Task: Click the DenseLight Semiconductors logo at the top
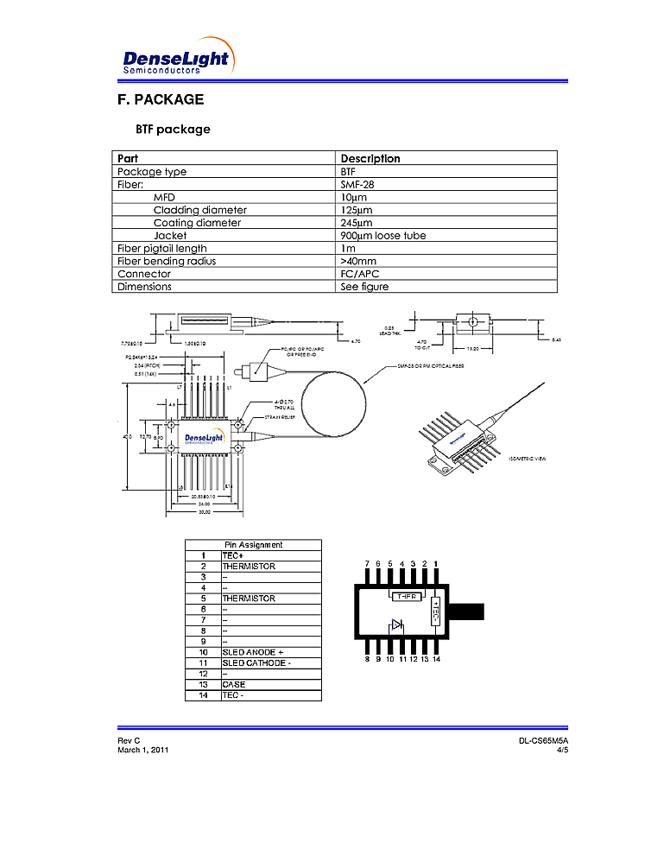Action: [x=176, y=59]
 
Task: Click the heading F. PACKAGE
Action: [x=161, y=99]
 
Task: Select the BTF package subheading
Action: [x=173, y=130]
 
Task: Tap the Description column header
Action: [x=370, y=158]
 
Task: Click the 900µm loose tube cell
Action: [x=383, y=235]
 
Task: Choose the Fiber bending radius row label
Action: [x=167, y=261]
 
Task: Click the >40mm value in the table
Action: [x=358, y=261]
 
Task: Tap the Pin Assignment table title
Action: [x=253, y=545]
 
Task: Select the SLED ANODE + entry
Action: [x=253, y=652]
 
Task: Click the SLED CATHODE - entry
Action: [x=256, y=662]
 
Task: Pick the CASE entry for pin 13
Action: [x=234, y=684]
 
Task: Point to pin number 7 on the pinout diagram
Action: [x=367, y=564]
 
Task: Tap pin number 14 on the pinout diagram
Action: [x=437, y=659]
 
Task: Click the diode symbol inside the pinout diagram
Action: [x=396, y=624]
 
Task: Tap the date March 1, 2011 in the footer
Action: [x=143, y=750]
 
